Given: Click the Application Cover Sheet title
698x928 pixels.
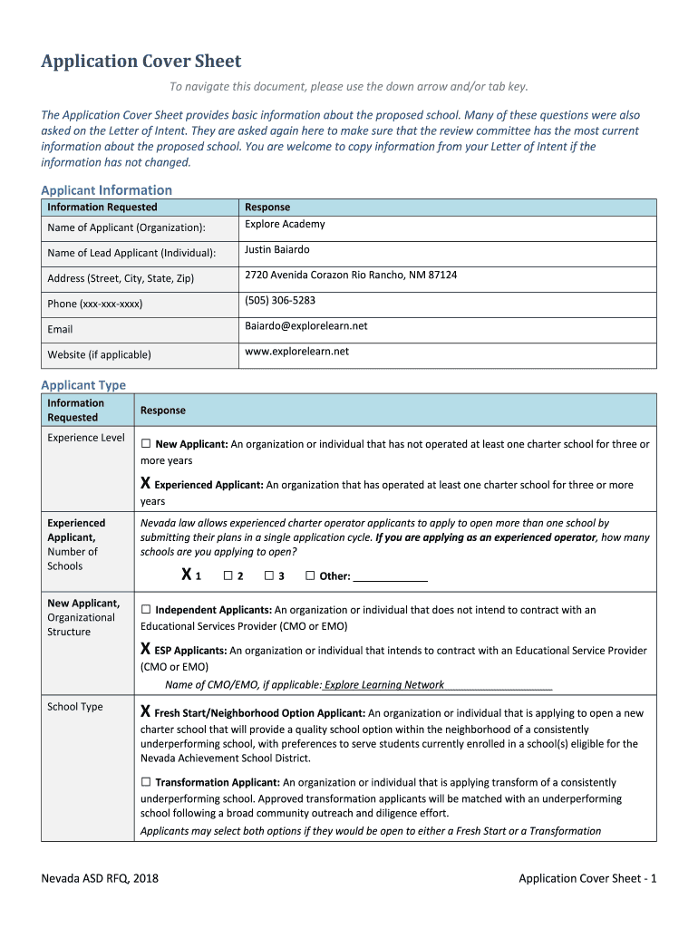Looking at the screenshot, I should click(x=141, y=62).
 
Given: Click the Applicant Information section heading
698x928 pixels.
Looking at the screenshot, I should click(x=106, y=189).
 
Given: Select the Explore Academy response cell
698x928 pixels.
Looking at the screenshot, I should click(x=285, y=225).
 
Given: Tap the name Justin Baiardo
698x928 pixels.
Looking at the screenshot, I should click(x=276, y=250).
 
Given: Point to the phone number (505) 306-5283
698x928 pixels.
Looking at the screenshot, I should click(x=280, y=301).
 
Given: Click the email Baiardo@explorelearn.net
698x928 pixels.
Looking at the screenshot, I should click(x=305, y=326).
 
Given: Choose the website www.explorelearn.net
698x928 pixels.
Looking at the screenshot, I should click(x=296, y=352).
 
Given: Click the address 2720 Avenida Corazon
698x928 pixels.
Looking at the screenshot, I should click(x=350, y=275).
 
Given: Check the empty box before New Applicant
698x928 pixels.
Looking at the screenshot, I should click(x=146, y=445).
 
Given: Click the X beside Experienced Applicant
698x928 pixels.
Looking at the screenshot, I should click(x=146, y=485).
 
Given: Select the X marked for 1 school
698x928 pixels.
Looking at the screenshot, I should click(x=186, y=575).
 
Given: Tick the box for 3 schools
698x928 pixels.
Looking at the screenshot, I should click(x=269, y=575).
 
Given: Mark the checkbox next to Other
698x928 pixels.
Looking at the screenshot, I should click(x=310, y=575).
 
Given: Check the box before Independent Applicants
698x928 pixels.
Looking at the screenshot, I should click(x=146, y=610).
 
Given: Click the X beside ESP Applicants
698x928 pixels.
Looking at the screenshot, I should click(x=146, y=650).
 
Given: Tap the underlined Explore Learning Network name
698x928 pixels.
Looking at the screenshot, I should click(x=384, y=685).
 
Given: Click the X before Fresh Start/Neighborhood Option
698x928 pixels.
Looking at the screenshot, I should click(x=146, y=712).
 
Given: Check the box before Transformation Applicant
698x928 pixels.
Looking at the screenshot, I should click(x=146, y=782).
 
